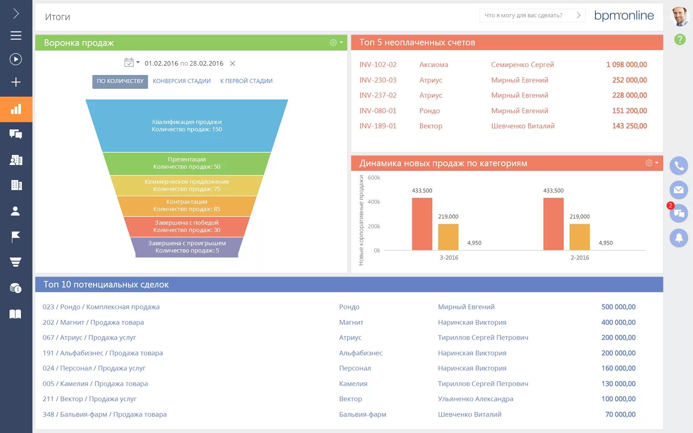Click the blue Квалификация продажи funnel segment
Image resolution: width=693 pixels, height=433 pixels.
click(187, 125)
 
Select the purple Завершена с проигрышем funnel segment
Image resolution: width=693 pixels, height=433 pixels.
click(187, 247)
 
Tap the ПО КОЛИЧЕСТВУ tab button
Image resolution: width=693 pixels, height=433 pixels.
click(120, 81)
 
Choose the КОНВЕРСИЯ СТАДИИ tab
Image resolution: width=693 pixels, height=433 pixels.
click(181, 81)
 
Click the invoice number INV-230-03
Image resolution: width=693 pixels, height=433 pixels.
click(378, 80)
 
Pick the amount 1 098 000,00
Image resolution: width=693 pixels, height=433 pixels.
click(626, 65)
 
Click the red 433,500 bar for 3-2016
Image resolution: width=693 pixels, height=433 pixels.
click(422, 224)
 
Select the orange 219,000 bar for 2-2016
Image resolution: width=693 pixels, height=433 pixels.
click(579, 237)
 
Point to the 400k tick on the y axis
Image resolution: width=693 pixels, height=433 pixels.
click(374, 202)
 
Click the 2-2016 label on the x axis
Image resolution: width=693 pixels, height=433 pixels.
click(579, 258)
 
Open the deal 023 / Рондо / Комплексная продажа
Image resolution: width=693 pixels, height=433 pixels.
click(101, 307)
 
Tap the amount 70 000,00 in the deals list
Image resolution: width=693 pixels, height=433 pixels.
click(620, 414)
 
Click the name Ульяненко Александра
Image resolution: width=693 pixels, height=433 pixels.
click(476, 399)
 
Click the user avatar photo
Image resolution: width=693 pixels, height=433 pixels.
click(679, 16)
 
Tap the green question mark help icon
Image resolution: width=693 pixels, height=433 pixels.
click(680, 40)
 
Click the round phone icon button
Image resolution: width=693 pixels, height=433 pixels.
click(679, 166)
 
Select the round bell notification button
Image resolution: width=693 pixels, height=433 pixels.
click(679, 237)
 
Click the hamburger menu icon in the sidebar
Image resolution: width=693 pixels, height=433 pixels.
click(16, 36)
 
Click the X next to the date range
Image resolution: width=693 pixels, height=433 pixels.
click(233, 63)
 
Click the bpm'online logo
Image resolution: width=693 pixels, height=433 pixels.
click(624, 15)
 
